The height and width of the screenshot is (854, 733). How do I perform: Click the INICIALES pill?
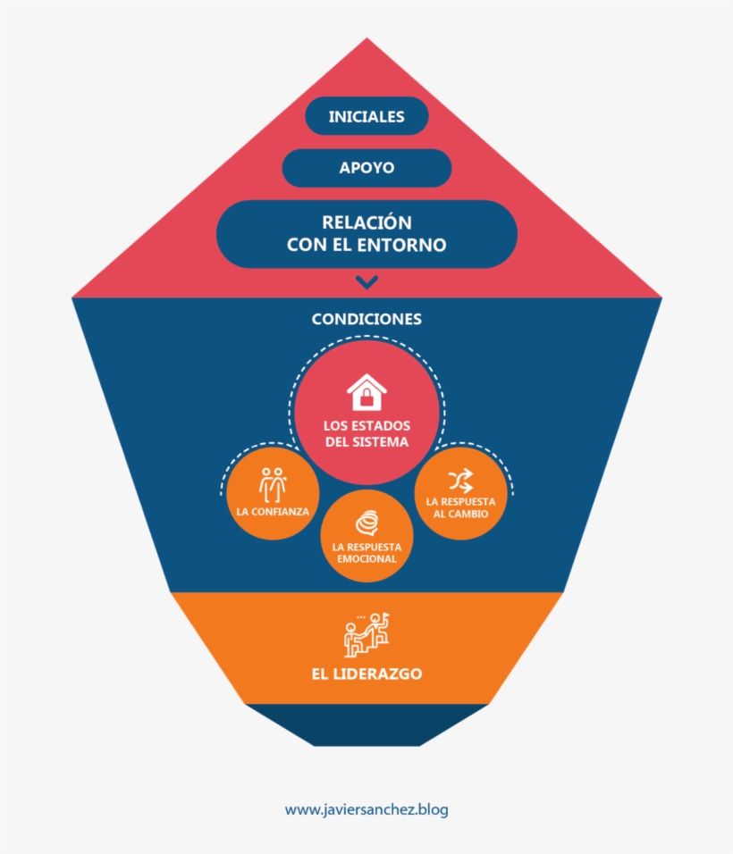(x=366, y=116)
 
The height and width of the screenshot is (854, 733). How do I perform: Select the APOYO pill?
(x=366, y=168)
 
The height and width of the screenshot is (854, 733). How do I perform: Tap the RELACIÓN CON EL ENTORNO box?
(x=366, y=233)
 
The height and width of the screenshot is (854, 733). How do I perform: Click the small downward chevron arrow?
(x=366, y=282)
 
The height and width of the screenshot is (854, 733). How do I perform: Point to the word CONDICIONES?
(x=366, y=319)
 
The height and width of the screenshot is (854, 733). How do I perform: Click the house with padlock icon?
(x=366, y=392)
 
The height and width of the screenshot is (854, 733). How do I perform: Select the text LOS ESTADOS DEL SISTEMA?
(x=366, y=434)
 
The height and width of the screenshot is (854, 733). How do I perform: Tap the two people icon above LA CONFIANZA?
(x=273, y=483)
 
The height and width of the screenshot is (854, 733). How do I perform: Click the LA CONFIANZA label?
(x=273, y=512)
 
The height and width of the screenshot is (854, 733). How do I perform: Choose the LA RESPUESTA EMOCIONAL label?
(x=366, y=553)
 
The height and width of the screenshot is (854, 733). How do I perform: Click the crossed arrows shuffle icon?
(x=459, y=481)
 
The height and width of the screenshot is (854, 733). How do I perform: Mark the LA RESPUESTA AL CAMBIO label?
(x=460, y=507)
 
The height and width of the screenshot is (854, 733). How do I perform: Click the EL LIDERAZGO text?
(x=366, y=674)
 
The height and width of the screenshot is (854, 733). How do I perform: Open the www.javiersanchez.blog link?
(x=366, y=810)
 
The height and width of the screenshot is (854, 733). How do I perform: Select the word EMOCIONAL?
(x=366, y=559)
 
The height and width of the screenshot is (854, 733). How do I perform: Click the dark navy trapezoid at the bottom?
(x=366, y=725)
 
